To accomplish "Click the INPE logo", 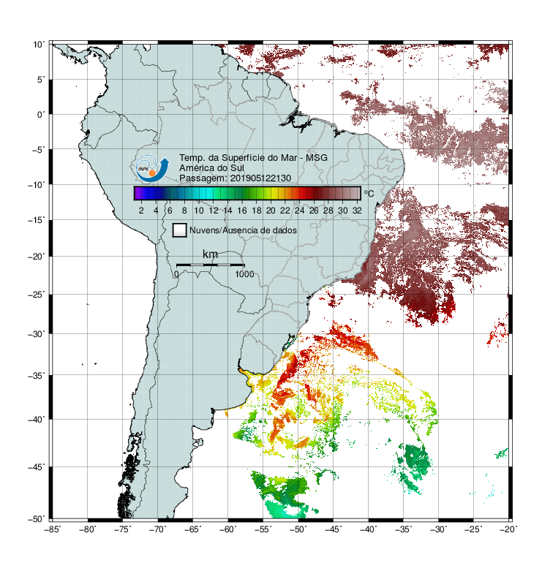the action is click(x=152, y=169).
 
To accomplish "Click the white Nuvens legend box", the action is click(x=180, y=230).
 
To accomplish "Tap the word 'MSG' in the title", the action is click(x=317, y=158).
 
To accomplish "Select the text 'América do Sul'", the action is click(x=211, y=168).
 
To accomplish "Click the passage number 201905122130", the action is click(x=261, y=178).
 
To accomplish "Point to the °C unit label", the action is click(x=369, y=193).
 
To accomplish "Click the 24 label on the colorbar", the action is click(x=299, y=211).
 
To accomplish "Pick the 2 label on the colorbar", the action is click(x=141, y=211).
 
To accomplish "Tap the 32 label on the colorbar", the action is click(x=357, y=211).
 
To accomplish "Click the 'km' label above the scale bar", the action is click(x=210, y=254).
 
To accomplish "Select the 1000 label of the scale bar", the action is click(x=244, y=274).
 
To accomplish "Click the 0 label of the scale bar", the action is click(x=176, y=274).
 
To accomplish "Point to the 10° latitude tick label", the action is click(x=39, y=45).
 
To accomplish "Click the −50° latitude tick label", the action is click(x=37, y=519).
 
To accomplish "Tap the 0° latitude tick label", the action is click(x=41, y=115).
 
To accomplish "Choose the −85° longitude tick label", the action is click(x=52, y=529).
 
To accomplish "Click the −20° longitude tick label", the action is click(x=508, y=529).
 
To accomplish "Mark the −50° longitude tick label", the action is click(x=298, y=529).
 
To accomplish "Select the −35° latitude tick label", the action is click(x=37, y=376).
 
